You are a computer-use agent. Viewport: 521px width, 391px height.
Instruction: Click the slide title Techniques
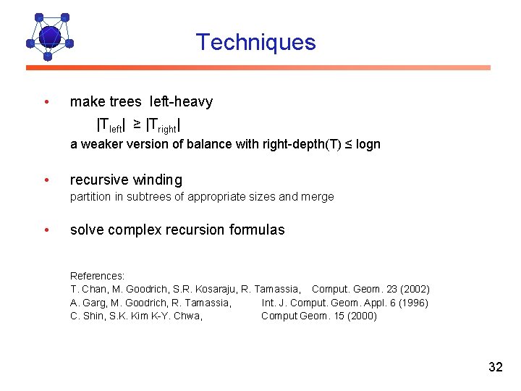tap(255, 42)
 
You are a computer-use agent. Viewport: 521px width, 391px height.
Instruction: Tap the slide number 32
tap(495, 367)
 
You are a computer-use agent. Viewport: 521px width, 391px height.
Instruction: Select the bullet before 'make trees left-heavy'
tap(46, 101)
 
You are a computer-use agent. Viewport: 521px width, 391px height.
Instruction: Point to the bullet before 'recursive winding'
tap(46, 180)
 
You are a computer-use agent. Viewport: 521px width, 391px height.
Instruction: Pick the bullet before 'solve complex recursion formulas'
tap(46, 230)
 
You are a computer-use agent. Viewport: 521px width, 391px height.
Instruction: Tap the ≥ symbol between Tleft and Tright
tap(137, 125)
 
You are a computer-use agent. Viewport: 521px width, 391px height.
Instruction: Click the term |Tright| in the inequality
tap(163, 126)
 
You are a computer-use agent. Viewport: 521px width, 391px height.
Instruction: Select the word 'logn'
tap(368, 144)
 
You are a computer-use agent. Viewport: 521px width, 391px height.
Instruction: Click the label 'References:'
tap(97, 276)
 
